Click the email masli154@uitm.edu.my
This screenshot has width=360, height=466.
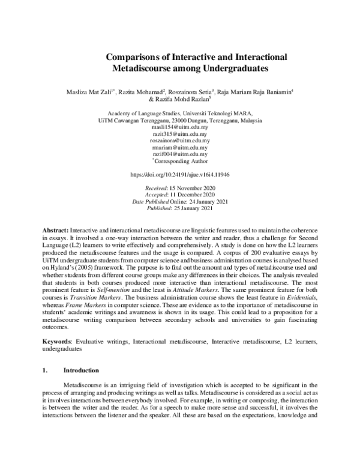[x=179, y=128]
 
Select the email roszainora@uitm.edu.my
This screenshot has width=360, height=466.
[x=179, y=141]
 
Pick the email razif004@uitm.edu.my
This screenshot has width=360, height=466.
[x=179, y=154]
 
